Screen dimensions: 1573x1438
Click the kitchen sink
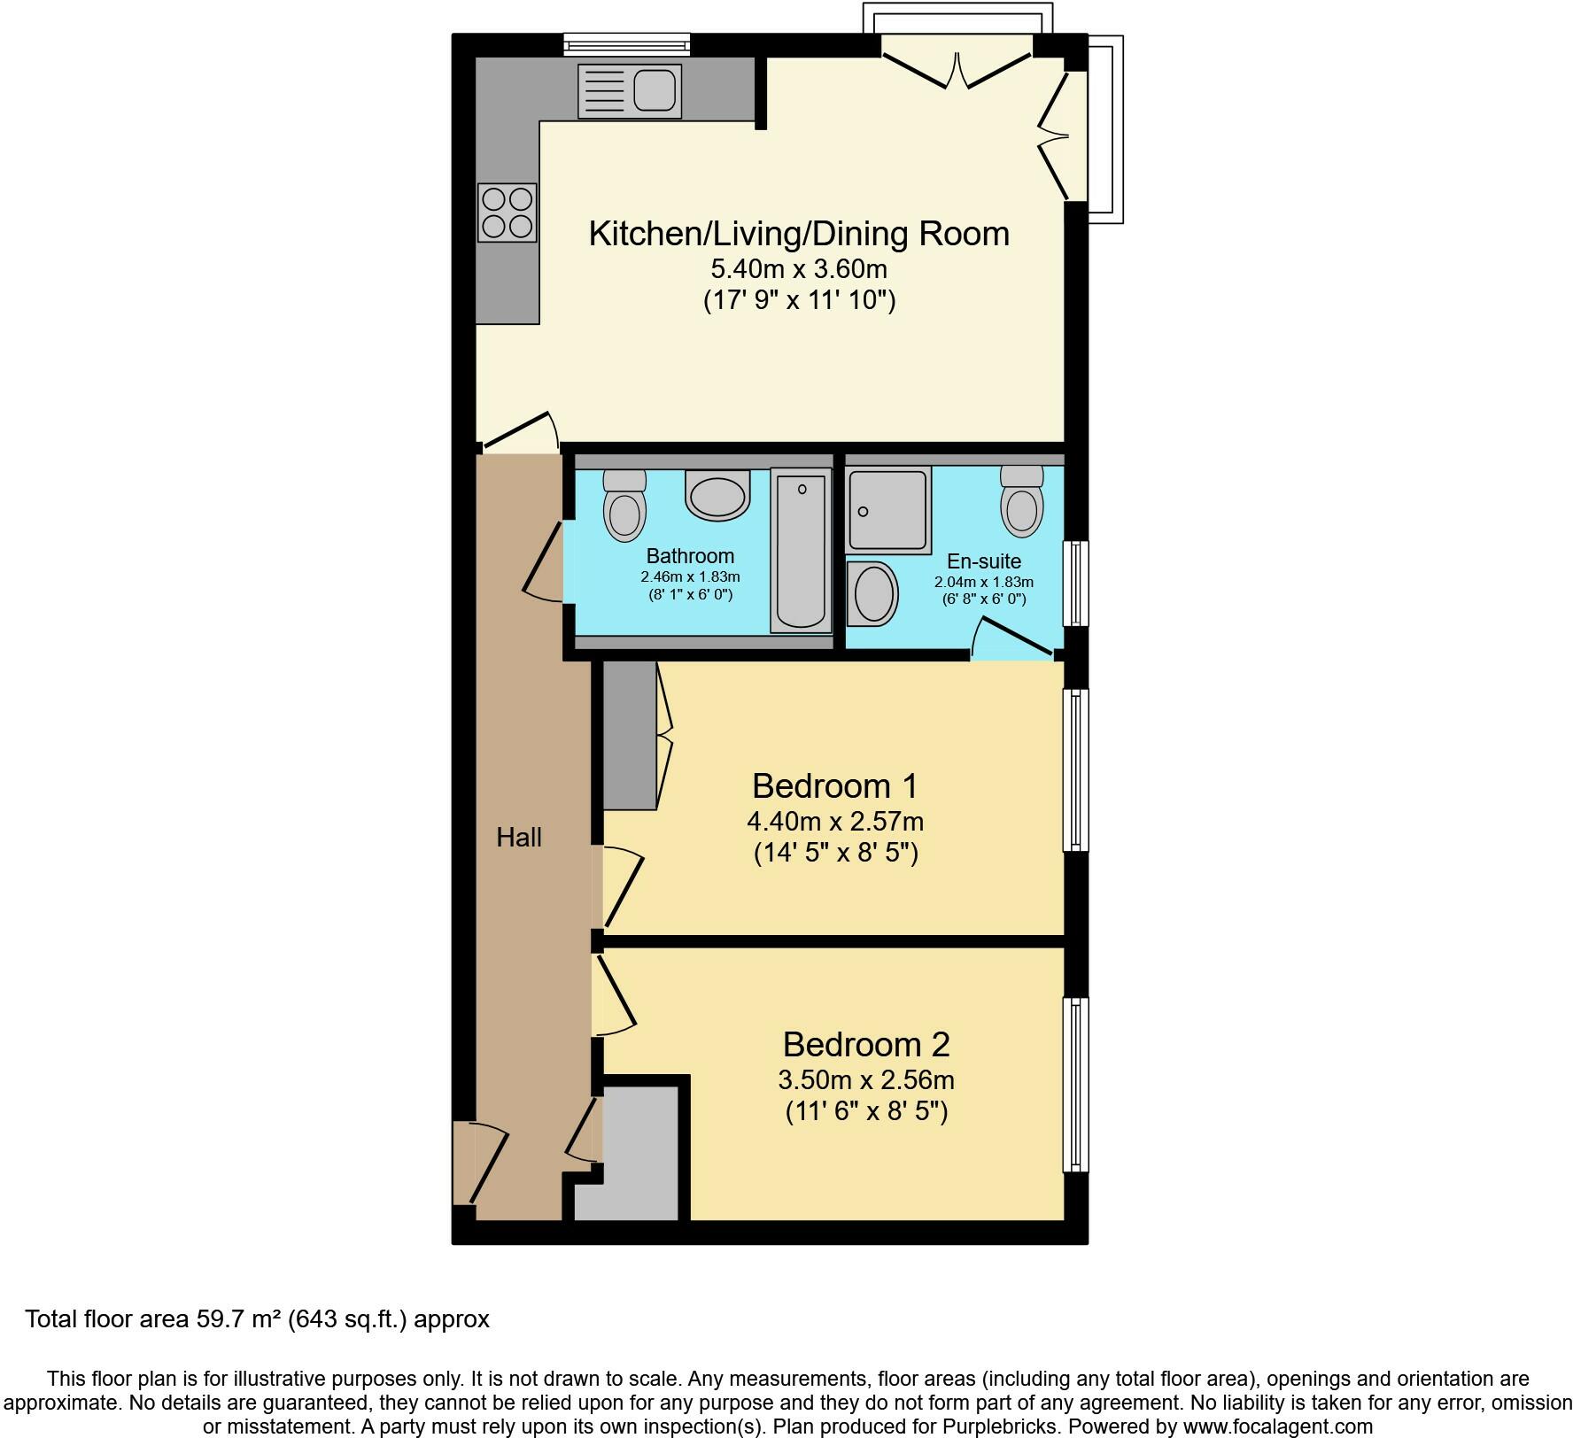click(630, 90)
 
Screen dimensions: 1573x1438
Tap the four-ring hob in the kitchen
click(508, 213)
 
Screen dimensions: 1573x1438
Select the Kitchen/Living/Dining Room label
click(799, 234)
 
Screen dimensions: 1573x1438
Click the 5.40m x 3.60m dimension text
click(799, 268)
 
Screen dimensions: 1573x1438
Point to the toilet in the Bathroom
click(624, 505)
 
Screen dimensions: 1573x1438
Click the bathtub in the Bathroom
click(802, 550)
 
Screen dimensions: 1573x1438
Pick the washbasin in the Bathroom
click(717, 494)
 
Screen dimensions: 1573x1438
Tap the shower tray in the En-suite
click(888, 510)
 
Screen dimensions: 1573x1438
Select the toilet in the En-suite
click(1022, 501)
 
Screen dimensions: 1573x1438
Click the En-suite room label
click(984, 561)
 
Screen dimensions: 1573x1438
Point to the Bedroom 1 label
click(835, 785)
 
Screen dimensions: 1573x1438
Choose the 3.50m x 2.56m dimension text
click(866, 1080)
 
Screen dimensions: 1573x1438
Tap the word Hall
click(519, 837)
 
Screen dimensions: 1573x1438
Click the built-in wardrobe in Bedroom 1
click(630, 735)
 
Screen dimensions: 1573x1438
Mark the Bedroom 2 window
click(1076, 1085)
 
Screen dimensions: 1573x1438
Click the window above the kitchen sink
click(627, 43)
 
